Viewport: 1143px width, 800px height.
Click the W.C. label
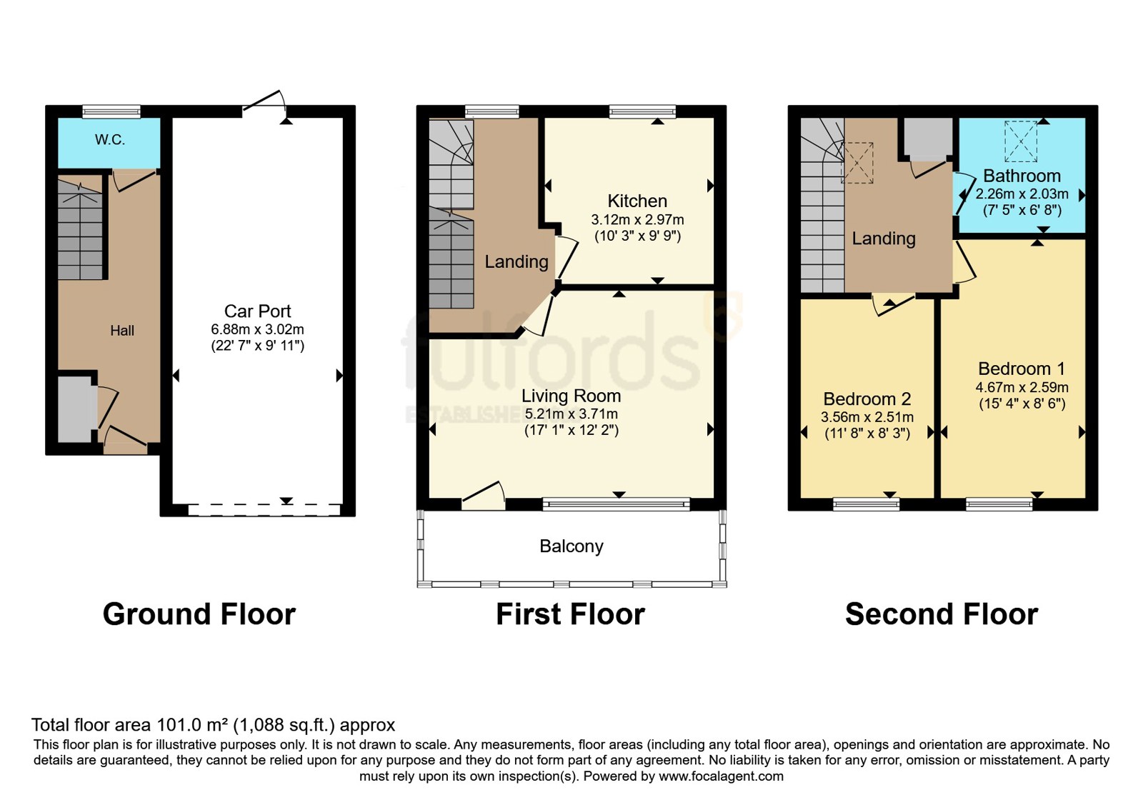(x=110, y=140)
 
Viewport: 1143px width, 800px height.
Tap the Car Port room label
(x=258, y=311)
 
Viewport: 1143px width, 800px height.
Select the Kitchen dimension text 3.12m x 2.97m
(x=637, y=220)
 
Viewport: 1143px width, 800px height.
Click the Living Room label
(x=571, y=396)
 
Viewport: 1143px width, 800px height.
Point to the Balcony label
(x=571, y=546)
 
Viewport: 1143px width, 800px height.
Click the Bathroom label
(x=1022, y=176)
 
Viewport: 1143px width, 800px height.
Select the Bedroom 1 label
(x=1022, y=369)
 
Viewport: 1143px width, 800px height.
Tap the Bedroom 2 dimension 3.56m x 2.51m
(x=867, y=417)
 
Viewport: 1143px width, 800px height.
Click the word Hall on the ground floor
(x=122, y=331)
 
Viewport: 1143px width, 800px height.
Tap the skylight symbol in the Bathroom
(x=1021, y=141)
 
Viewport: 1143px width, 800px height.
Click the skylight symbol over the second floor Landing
(x=857, y=163)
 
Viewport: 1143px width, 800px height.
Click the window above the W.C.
(x=111, y=111)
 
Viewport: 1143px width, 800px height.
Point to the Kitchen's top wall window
(x=642, y=111)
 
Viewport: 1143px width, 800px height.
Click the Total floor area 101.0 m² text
(x=214, y=725)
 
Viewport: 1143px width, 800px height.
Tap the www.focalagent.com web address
(x=721, y=776)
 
